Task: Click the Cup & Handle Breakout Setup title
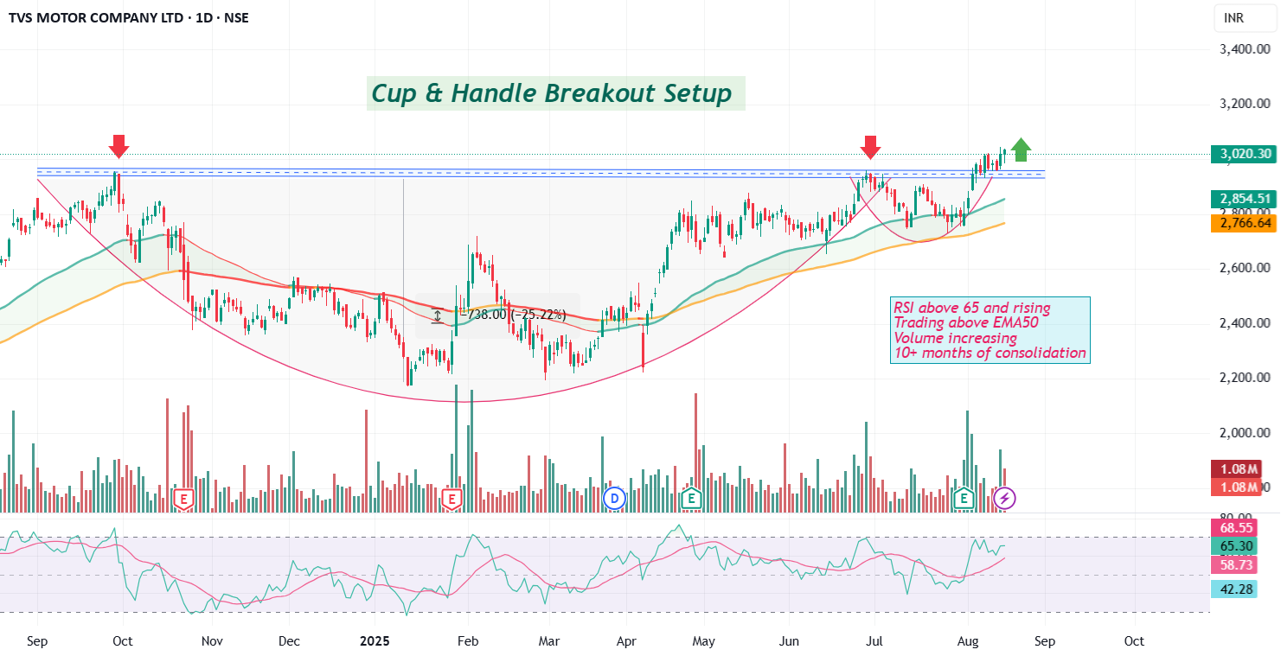tap(552, 92)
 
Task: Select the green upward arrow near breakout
tap(1021, 150)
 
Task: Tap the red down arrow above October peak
tap(119, 146)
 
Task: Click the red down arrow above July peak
tap(870, 147)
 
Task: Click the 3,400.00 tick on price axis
tap(1245, 49)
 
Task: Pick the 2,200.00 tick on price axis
tap(1245, 378)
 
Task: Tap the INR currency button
tap(1235, 17)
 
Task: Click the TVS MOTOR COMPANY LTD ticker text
tap(95, 17)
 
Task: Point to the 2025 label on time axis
tap(375, 641)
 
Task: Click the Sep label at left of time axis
tap(38, 641)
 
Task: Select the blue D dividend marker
tap(614, 498)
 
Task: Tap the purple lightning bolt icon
tap(1004, 498)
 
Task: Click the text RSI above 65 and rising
tap(972, 308)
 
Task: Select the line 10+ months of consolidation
tap(990, 353)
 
